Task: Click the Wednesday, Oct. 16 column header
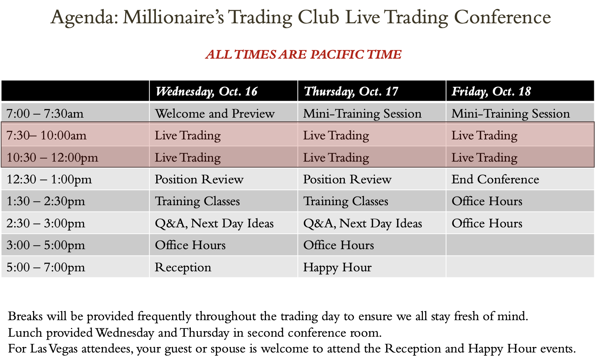[206, 92]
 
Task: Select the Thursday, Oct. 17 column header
[350, 92]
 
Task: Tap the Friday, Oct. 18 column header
[491, 92]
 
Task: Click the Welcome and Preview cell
[214, 113]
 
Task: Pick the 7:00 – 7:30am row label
[45, 114]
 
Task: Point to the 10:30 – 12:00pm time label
[52, 157]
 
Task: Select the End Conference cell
[495, 179]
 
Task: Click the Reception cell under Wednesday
[183, 268]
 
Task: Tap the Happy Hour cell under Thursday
[337, 268]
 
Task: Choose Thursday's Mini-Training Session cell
[362, 114]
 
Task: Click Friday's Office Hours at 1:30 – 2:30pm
[487, 201]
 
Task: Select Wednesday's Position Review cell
[199, 179]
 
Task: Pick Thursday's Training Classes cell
[346, 201]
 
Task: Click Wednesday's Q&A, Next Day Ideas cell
[214, 224]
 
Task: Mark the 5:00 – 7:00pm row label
[46, 267]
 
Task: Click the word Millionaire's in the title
[173, 17]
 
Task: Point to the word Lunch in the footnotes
[25, 333]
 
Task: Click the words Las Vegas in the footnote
[53, 349]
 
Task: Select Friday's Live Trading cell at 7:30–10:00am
[485, 136]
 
